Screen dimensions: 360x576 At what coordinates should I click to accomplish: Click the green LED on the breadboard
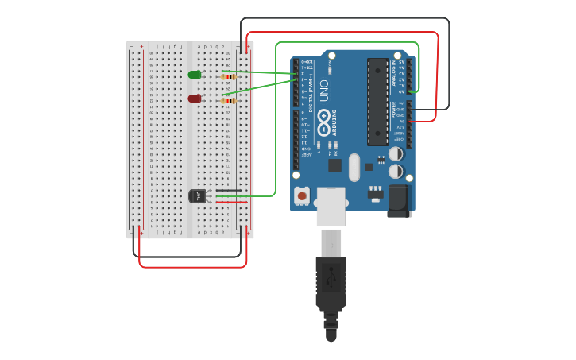coord(195,75)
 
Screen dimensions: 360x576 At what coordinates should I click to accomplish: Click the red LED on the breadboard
coord(195,99)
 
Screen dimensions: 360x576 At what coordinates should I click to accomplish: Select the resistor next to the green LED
coord(230,77)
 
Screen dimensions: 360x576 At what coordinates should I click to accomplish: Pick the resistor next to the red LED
coord(230,101)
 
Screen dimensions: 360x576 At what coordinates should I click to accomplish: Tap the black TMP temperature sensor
coord(198,195)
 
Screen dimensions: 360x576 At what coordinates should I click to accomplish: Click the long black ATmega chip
coord(377,102)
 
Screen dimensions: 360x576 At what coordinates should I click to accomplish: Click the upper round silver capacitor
coord(395,154)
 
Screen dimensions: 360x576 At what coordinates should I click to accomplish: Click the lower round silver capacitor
coord(395,171)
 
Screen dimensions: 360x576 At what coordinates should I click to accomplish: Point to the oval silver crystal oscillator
coord(354,166)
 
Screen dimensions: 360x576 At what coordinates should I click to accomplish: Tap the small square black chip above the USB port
coord(334,165)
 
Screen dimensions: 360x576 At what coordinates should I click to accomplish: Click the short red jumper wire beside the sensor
coord(231,202)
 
